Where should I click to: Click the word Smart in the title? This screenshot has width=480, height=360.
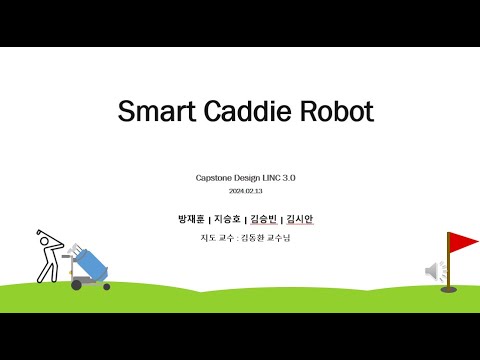pyautogui.click(x=152, y=111)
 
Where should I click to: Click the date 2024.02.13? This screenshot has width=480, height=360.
pyautogui.click(x=246, y=190)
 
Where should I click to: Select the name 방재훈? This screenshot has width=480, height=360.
pyautogui.click(x=189, y=219)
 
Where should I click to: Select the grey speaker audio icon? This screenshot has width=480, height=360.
pyautogui.click(x=436, y=270)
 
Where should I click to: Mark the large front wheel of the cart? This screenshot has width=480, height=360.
pyautogui.click(x=76, y=285)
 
